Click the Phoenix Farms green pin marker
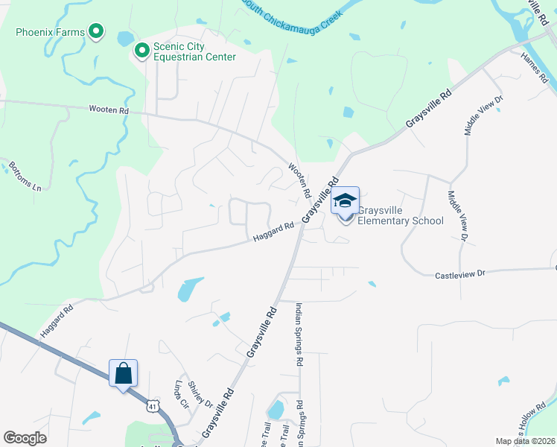click(x=96, y=31)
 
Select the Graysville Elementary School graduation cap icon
click(x=345, y=201)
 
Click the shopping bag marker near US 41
click(x=124, y=373)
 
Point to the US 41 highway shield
click(x=152, y=405)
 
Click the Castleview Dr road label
click(x=459, y=274)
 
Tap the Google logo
click(x=25, y=438)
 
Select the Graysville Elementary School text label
click(x=400, y=215)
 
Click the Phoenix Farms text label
click(x=50, y=32)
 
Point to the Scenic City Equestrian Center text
click(x=194, y=51)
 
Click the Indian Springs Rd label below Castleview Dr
click(x=299, y=334)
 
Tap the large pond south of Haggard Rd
click(x=190, y=288)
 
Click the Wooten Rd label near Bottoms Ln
click(x=109, y=110)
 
